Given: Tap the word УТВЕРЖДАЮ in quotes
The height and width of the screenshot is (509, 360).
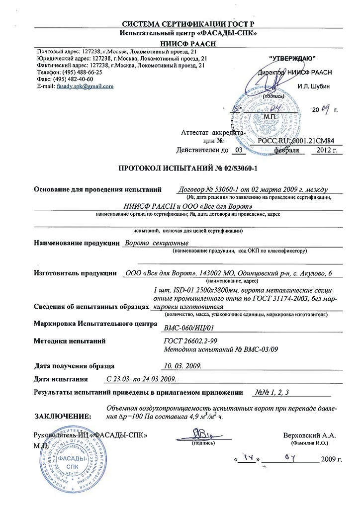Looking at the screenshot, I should (x=291, y=59).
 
